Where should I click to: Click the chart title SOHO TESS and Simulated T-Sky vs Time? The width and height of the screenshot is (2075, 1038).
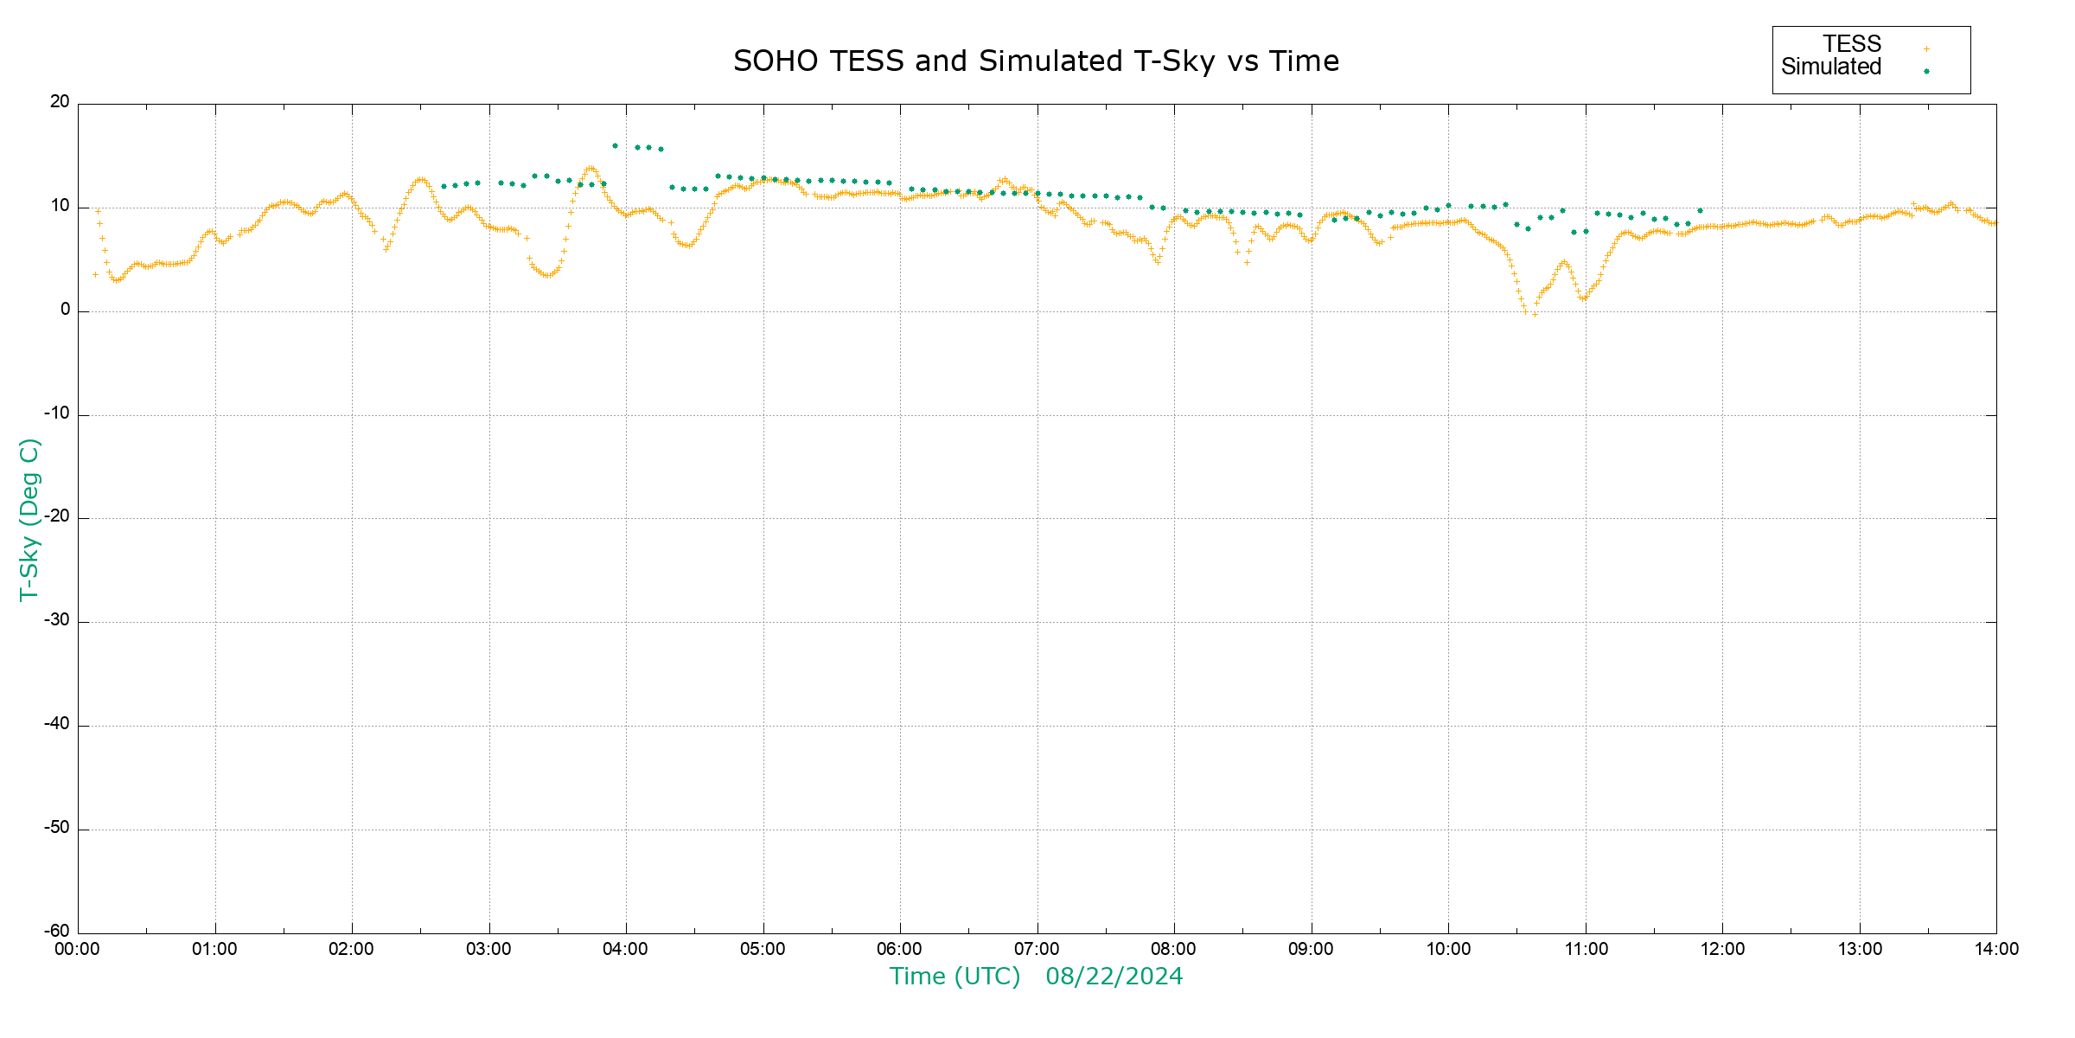point(1036,61)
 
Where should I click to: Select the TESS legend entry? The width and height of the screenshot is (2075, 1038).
point(1852,44)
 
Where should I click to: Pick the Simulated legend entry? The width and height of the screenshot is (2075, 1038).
point(1831,67)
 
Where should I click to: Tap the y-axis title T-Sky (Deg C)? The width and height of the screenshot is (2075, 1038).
point(29,519)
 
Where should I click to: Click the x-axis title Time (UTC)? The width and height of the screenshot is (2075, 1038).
point(954,977)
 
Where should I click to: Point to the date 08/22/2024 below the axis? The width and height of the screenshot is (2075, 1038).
point(1114,977)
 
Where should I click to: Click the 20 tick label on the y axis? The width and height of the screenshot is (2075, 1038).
point(60,102)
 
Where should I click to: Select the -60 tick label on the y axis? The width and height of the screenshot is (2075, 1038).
point(57,932)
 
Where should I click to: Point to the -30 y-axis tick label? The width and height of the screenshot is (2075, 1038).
point(57,621)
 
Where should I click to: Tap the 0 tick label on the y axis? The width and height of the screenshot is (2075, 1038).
point(65,310)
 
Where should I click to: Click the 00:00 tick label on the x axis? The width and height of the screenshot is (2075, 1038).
point(78,950)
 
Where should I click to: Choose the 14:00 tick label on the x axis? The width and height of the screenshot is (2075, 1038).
point(1996,950)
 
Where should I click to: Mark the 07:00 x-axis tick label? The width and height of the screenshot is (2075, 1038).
point(1037,950)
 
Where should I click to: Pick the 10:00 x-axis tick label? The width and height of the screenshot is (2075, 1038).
point(1448,950)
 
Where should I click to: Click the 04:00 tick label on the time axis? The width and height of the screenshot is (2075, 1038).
point(626,950)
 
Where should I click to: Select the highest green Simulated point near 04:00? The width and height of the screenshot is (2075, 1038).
point(615,146)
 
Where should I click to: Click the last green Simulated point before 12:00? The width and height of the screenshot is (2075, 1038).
point(1700,211)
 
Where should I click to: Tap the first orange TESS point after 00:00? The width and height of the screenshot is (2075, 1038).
point(95,275)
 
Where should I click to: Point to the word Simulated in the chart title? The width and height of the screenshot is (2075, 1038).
point(1050,61)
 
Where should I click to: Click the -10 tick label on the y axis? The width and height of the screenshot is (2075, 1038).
point(57,413)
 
